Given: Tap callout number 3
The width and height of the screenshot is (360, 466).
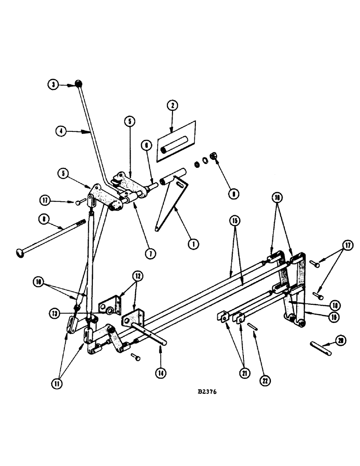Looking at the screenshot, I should tap(54, 84).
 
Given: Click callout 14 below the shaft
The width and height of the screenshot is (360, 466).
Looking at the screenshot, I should tap(160, 373).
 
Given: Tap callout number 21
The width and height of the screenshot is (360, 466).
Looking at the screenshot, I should tap(242, 373).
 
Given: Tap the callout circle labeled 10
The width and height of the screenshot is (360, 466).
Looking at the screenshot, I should tap(39, 281).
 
